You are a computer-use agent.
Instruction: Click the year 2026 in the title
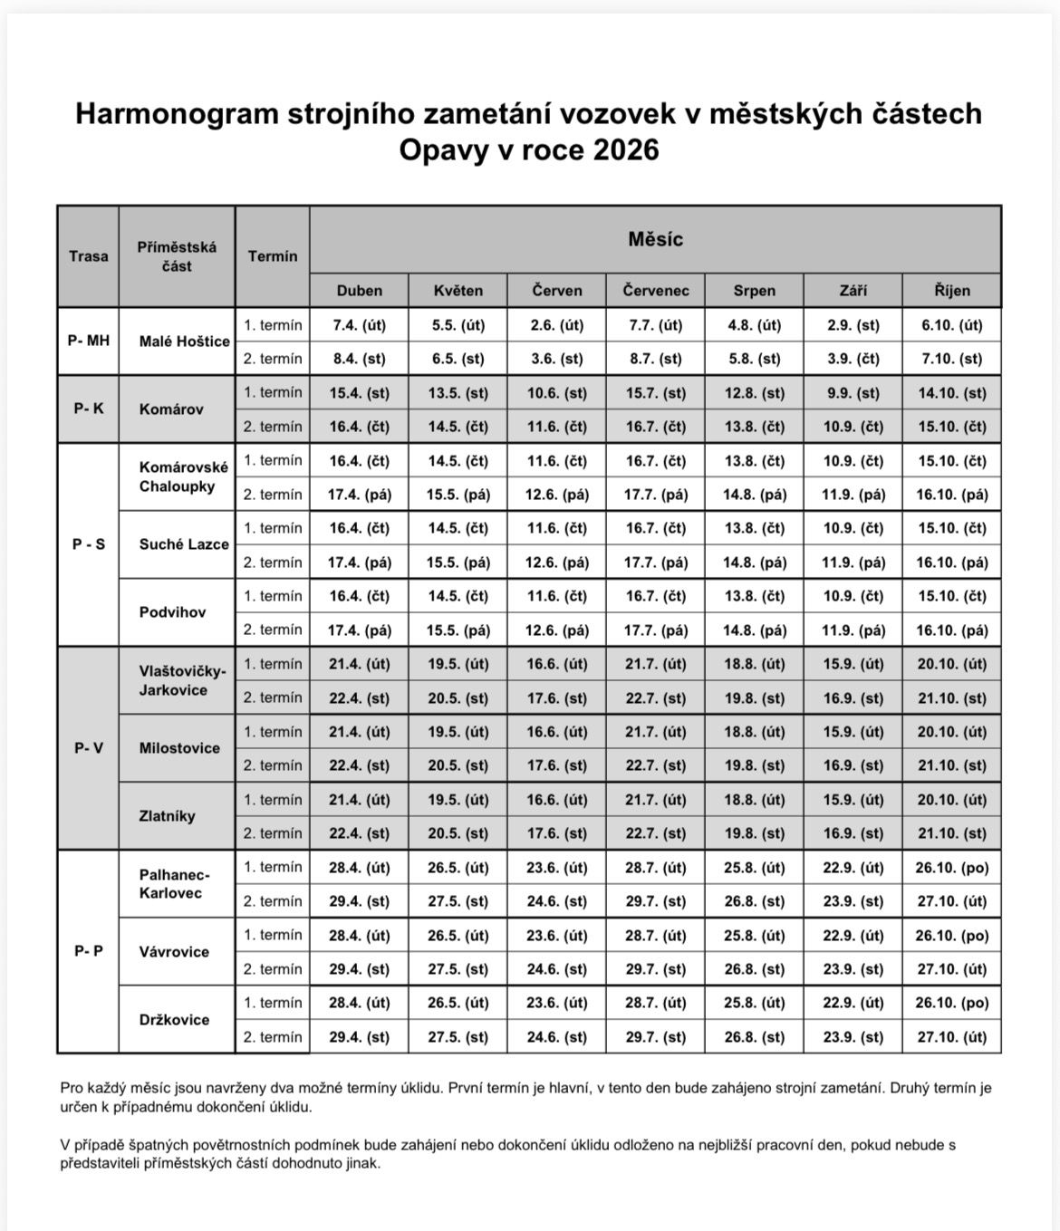626,149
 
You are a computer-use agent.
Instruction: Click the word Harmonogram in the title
177,113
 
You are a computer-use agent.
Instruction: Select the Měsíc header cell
655,239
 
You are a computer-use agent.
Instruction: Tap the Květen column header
458,291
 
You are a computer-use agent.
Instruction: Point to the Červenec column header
655,291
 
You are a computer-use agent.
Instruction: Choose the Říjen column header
951,291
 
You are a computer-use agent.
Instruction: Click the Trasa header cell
88,256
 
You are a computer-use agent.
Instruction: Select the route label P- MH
88,341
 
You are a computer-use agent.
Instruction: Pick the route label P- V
88,748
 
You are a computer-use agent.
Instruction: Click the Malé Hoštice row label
184,341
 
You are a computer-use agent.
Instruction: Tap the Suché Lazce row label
184,544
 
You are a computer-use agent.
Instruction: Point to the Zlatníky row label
168,816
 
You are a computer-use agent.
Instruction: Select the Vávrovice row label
174,952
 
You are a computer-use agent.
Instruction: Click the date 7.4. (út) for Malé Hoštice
359,325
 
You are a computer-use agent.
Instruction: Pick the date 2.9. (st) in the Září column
853,325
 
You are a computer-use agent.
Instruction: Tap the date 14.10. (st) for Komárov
951,393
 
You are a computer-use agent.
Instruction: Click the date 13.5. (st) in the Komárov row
458,393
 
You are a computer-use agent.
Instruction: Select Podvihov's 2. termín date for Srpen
754,630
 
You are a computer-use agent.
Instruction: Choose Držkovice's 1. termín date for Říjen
951,1004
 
